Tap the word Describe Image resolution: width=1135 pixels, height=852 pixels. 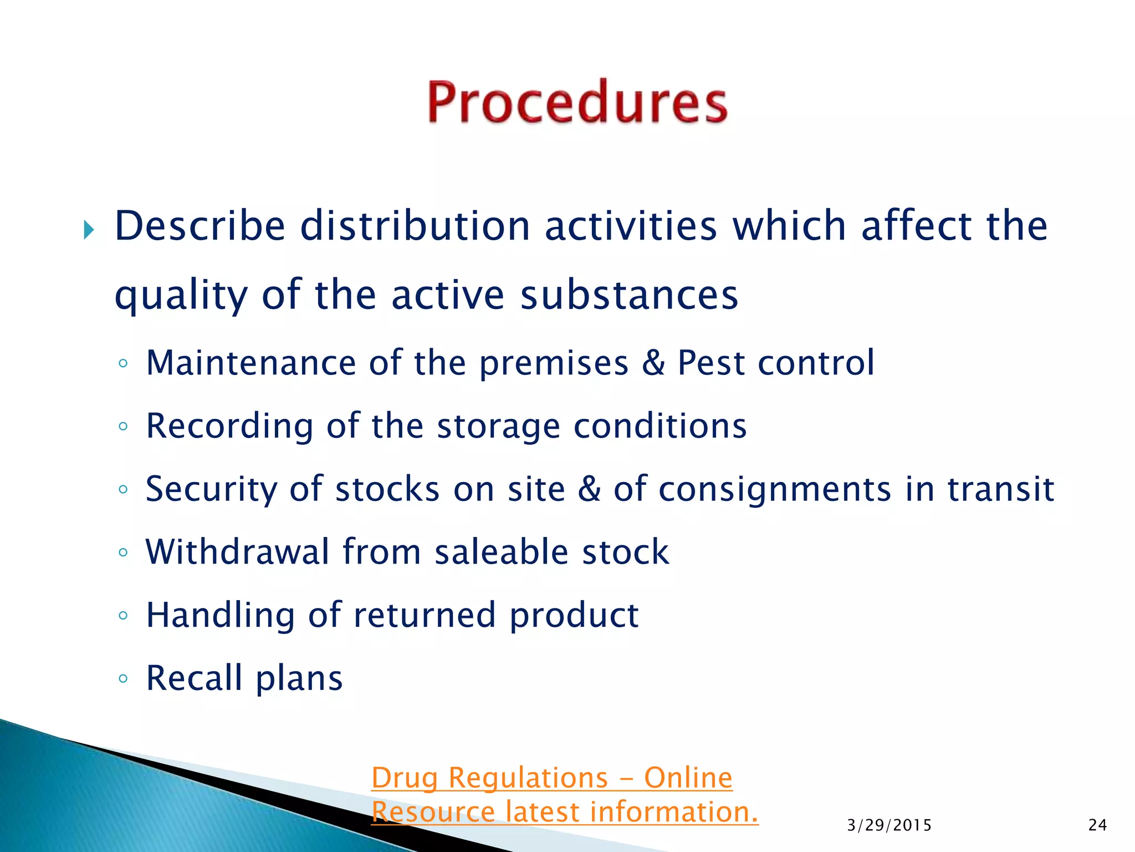tap(200, 226)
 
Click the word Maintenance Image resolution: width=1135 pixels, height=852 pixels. tap(250, 363)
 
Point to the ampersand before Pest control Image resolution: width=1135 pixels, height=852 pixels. tap(653, 363)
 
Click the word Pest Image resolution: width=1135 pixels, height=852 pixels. tap(711, 363)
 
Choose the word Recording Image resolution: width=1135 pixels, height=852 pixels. tap(229, 427)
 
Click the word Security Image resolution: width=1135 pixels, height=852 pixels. tap(211, 490)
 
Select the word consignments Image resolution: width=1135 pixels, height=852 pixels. tap(775, 490)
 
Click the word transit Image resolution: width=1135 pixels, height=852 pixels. tap(1000, 489)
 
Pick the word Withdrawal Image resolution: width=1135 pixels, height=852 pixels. tap(237, 552)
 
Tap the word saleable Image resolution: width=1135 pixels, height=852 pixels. tap(501, 552)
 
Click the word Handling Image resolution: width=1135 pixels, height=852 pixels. tap(220, 616)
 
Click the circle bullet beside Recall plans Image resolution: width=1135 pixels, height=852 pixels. tap(123, 678)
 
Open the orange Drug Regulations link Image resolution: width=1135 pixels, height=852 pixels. tap(552, 778)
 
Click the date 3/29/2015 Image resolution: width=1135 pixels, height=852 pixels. tap(889, 825)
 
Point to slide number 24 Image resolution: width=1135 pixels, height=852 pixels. tap(1097, 825)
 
